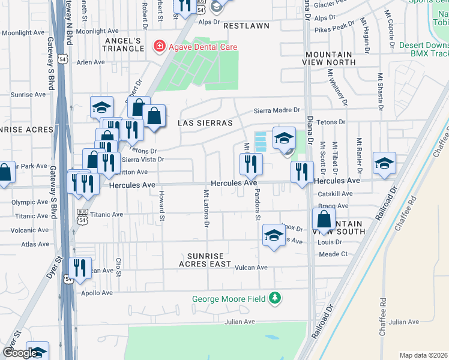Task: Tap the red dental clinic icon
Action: [159, 46]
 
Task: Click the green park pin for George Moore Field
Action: [275, 298]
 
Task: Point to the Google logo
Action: [20, 353]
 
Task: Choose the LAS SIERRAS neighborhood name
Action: [205, 123]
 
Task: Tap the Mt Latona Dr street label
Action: [206, 208]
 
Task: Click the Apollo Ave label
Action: [98, 293]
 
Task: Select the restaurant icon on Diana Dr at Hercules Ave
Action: [302, 171]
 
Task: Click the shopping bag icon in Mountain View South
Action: [323, 219]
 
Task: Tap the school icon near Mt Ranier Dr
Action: [384, 163]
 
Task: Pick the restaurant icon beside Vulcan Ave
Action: [79, 266]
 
